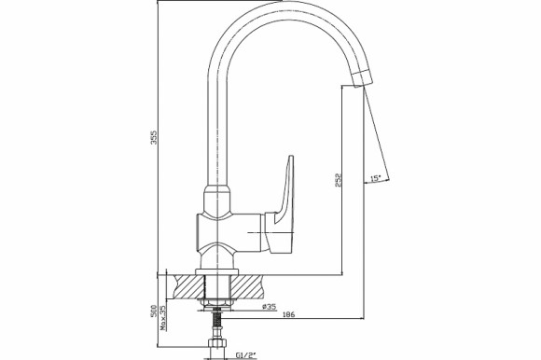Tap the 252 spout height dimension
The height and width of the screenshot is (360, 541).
pyautogui.click(x=339, y=180)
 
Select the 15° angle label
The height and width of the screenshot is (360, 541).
pyautogui.click(x=376, y=178)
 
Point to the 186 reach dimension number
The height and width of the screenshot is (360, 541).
pyautogui.click(x=288, y=314)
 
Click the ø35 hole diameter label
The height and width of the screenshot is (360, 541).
pyautogui.click(x=270, y=306)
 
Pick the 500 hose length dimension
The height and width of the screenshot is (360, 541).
pyautogui.click(x=154, y=311)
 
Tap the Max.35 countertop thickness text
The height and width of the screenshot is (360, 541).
pyautogui.click(x=163, y=318)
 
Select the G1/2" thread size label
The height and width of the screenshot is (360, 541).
pyautogui.click(x=245, y=354)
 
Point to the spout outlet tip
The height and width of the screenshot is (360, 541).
pyautogui.click(x=363, y=78)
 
